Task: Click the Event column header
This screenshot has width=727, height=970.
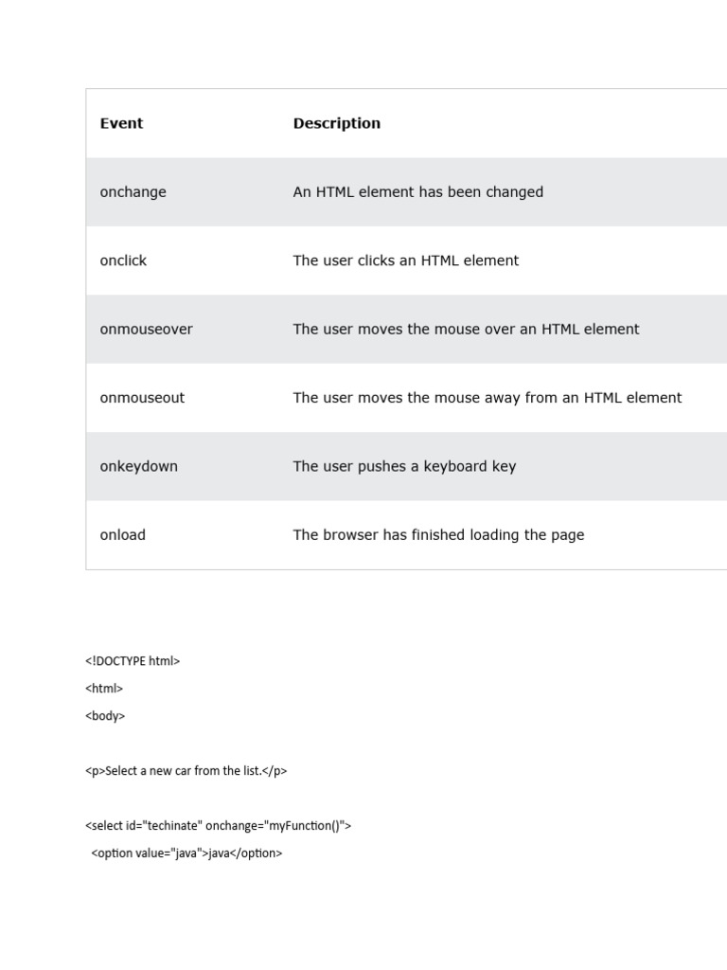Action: click(121, 123)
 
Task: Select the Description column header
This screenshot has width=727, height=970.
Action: click(336, 123)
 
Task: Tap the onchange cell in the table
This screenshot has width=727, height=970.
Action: click(133, 192)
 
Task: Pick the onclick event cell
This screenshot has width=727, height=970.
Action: click(123, 260)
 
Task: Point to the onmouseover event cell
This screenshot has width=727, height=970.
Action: click(146, 330)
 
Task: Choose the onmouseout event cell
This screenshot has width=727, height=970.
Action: click(142, 398)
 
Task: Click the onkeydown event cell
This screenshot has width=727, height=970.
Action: click(138, 466)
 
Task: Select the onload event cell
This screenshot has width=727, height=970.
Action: click(122, 535)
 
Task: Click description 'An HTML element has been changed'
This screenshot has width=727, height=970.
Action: click(417, 192)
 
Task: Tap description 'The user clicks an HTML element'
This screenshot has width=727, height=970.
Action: click(405, 260)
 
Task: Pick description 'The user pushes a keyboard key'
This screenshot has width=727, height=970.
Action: click(404, 466)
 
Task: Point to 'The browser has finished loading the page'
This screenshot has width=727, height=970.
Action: click(438, 535)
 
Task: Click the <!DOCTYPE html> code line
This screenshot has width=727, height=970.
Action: click(133, 661)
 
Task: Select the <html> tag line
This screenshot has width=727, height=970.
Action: click(104, 689)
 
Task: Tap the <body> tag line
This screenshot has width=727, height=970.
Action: click(105, 716)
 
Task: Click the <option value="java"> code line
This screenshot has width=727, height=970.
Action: click(186, 853)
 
